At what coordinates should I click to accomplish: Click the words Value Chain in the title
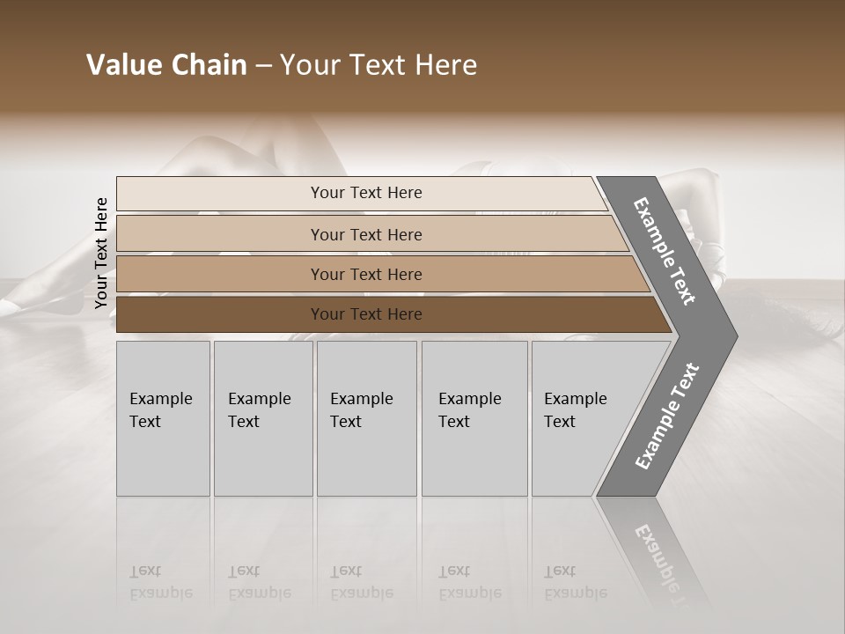point(166,65)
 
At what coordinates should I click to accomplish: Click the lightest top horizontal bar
point(220,194)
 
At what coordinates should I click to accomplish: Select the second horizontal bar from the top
point(220,234)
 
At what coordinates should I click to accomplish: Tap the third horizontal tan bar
point(220,274)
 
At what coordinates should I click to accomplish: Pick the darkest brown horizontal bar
point(220,314)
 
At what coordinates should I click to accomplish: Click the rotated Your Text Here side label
point(101,254)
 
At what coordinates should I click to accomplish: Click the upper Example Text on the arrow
point(665,251)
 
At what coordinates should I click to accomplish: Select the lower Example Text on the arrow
point(666,417)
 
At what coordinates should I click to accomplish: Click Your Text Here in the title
point(378,65)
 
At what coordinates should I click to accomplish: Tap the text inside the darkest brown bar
point(366,314)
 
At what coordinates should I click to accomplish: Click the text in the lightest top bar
point(366,193)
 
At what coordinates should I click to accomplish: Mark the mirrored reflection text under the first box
point(160,582)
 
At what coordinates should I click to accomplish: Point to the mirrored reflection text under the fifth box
point(575,582)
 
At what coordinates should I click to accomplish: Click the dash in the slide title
point(263,66)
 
